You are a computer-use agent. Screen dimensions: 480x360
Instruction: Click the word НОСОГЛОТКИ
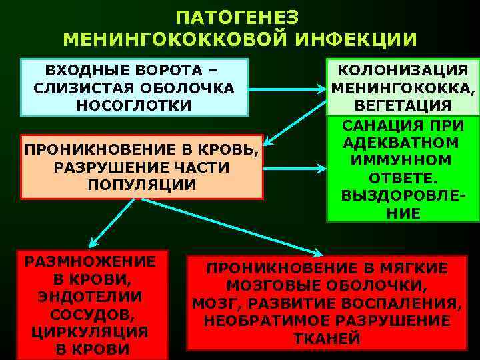135,105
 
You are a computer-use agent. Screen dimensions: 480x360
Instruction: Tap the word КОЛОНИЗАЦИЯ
403,71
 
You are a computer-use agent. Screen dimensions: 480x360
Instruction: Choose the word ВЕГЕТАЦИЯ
403,105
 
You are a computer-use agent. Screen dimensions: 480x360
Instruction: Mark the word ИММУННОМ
403,161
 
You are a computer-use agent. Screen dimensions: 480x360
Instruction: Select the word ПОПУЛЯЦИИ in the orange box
142,184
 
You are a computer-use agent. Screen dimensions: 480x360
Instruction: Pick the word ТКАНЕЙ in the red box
327,338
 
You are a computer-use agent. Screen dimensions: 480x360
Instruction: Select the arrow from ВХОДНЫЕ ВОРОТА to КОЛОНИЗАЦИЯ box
287,87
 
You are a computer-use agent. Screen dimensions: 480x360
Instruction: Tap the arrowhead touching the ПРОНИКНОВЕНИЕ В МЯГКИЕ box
319,252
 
